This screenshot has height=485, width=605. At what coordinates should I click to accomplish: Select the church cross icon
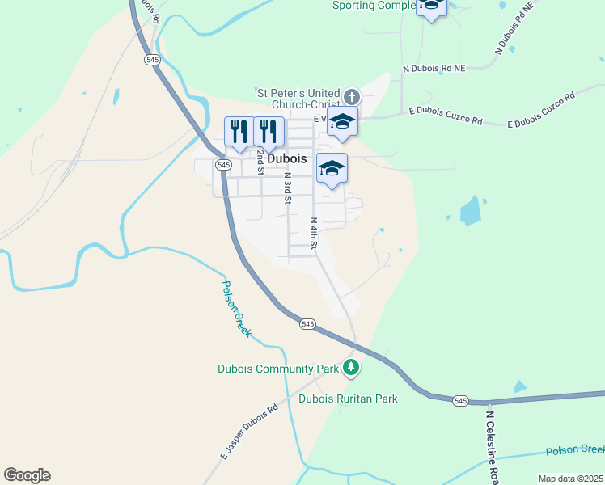point(350,95)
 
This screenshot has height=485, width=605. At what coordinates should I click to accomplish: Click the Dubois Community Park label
point(277,369)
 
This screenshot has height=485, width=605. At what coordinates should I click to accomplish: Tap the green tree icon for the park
point(351,368)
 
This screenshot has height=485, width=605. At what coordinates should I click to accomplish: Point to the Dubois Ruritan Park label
point(348,399)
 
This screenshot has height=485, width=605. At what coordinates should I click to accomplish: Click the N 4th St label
point(314,231)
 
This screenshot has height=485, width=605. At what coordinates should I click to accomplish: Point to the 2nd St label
point(260,162)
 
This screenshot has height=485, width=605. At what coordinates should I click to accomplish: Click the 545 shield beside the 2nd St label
point(222,164)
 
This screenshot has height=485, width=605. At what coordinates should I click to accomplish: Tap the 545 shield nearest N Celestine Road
point(460,401)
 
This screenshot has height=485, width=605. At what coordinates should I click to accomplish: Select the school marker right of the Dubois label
point(332,169)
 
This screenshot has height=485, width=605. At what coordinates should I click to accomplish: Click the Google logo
point(27,475)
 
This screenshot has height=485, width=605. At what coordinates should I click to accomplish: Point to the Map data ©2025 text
point(570,479)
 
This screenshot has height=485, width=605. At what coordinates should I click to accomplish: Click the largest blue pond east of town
point(470,212)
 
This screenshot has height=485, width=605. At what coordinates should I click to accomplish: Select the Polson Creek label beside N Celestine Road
point(574,450)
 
